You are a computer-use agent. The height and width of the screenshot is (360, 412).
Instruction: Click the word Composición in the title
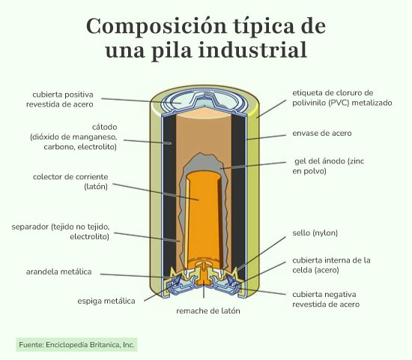(x=156, y=26)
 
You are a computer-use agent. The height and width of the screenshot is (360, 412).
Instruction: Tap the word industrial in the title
(x=252, y=50)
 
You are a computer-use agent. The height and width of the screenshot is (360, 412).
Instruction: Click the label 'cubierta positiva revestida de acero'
(x=60, y=100)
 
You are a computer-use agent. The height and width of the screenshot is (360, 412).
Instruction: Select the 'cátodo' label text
(x=105, y=127)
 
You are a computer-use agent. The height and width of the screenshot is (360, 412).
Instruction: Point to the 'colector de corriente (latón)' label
(x=70, y=181)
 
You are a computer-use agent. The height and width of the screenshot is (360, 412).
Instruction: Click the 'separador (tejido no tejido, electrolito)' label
(x=61, y=232)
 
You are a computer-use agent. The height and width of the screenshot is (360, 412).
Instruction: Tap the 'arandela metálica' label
(x=58, y=271)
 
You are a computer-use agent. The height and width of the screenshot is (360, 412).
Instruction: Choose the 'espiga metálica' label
(x=106, y=301)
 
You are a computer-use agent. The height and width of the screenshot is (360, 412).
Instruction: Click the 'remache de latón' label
(x=208, y=310)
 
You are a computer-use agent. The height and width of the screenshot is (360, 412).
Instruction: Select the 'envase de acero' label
(x=322, y=133)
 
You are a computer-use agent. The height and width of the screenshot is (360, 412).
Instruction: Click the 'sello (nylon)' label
(x=315, y=233)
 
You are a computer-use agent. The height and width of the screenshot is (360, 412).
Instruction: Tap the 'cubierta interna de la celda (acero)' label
(x=331, y=265)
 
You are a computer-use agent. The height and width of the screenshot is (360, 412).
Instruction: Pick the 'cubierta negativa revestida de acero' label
(x=326, y=299)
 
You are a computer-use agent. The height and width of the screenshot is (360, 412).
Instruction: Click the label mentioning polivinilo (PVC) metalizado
(x=342, y=97)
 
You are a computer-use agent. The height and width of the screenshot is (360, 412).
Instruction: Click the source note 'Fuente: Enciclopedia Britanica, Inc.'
(x=76, y=345)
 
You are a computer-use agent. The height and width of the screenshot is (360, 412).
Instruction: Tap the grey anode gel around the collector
(x=202, y=163)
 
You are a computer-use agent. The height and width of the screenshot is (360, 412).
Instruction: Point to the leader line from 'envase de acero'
(x=266, y=137)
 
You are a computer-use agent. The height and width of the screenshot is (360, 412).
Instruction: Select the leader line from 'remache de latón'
(x=204, y=292)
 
